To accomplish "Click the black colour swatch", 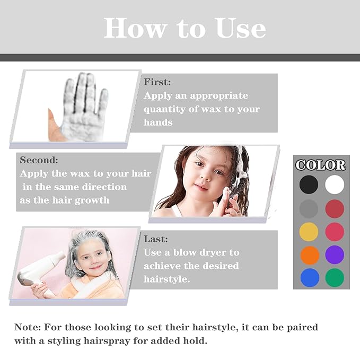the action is tap(309, 185).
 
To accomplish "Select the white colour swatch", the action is tap(335, 185).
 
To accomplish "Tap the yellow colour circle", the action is tap(309, 232).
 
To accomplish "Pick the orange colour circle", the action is tap(310, 256).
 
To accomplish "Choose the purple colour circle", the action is tap(335, 254).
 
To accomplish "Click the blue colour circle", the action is tap(310, 278).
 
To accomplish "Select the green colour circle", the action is tap(335, 278).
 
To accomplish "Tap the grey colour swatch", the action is tap(309, 208).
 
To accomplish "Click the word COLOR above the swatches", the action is tap(321, 165).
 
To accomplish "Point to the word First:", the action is tap(157, 82).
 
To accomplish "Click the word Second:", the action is tap(39, 160).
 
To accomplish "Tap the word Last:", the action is tap(156, 239).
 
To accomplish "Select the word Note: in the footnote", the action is tap(28, 327).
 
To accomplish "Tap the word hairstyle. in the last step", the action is tap(166, 279).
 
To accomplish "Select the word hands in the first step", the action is tap(158, 122).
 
